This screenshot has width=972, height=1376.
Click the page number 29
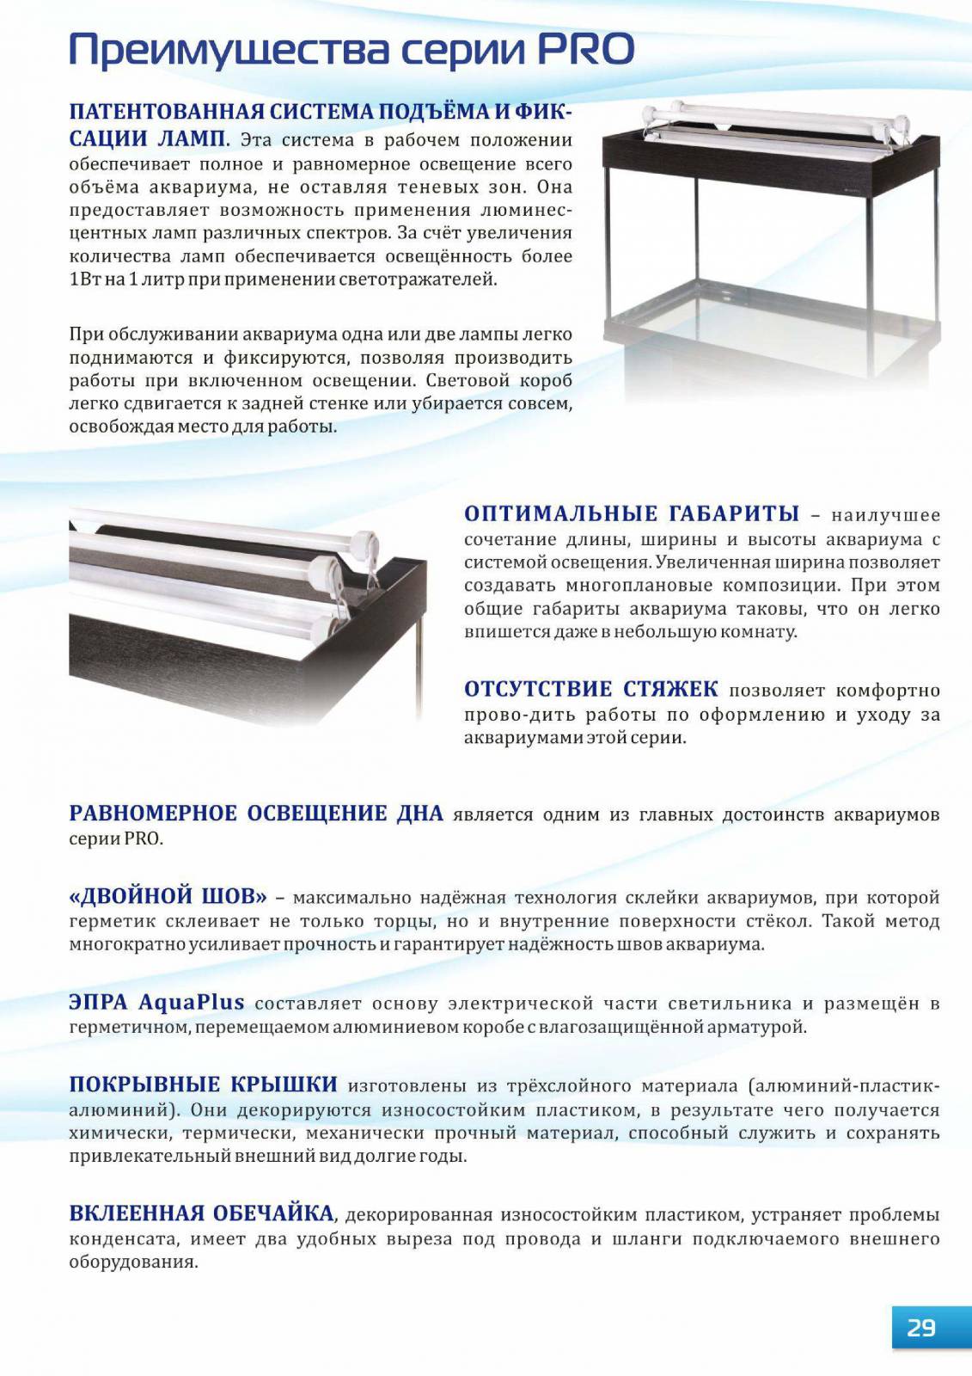921,1328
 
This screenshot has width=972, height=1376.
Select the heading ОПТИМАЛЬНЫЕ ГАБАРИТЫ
632,514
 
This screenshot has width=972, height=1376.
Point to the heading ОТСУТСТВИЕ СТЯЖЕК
590,690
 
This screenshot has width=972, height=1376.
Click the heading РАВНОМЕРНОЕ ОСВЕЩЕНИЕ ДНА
256,814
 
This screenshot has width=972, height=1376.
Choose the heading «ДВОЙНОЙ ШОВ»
168,897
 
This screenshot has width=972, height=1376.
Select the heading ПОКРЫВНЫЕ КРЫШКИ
203,1085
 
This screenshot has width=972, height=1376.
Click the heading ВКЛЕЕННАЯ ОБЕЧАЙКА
201,1214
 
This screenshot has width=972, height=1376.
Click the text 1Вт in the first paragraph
84,279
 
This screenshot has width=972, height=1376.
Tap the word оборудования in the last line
132,1262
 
